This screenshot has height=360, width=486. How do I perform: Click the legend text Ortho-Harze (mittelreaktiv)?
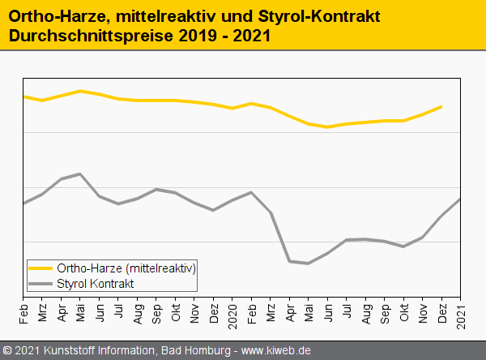point(126,268)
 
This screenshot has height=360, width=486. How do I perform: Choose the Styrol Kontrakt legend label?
point(96,283)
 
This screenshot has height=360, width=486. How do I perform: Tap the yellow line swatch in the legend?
point(41,268)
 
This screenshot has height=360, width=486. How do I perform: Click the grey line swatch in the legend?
point(41,283)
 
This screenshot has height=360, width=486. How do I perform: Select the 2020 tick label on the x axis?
point(232,311)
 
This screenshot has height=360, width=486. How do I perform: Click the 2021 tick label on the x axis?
point(462,311)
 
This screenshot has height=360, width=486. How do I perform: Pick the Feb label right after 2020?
point(251,311)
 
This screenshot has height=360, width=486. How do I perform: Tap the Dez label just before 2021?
point(441,311)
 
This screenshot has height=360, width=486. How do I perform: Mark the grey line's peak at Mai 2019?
point(80,174)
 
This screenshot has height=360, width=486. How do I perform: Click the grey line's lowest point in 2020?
point(309,264)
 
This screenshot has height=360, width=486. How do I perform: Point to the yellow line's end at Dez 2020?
point(441,106)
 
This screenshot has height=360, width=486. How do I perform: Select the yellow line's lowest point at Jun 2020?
point(327,127)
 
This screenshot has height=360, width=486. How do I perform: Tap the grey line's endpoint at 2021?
point(461,199)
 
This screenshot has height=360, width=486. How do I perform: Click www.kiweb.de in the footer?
point(277,351)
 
